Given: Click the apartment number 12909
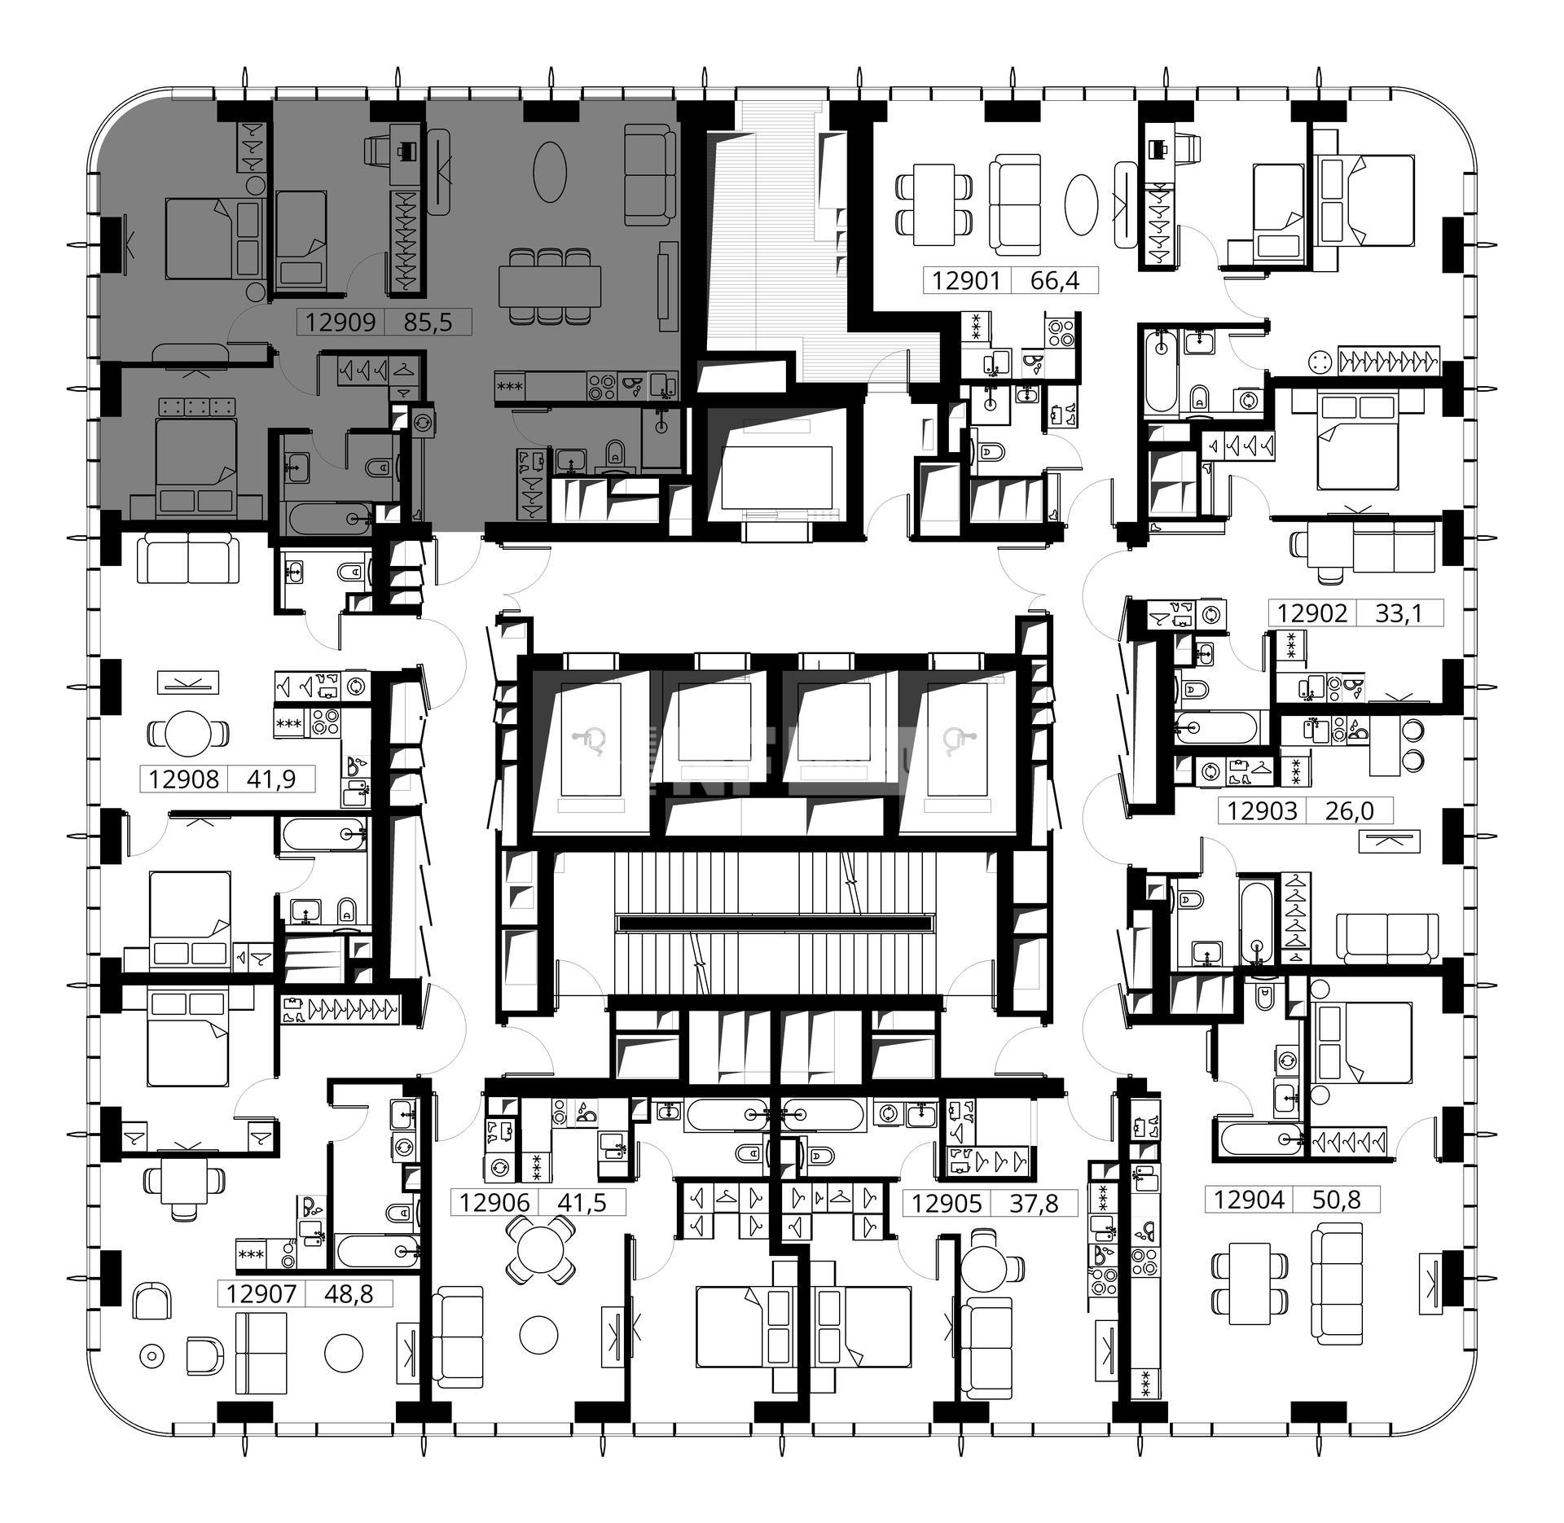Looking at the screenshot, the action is coord(340,323).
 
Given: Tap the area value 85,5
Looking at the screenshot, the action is coord(427,323).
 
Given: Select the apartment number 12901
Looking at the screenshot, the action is coord(966,281).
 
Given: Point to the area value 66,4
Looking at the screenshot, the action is coord(1054,281).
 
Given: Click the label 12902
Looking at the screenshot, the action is coord(1312,612).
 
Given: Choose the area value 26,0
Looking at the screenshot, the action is coord(1351,810).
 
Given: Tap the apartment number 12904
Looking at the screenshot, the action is coord(1249,1200).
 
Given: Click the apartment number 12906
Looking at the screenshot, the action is coord(494,1202).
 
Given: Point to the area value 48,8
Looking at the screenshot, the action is coord(349,1293).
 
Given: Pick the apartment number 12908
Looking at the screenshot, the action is coord(184,779).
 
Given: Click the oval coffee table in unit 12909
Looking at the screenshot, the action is coord(550,172).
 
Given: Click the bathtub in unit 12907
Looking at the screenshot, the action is coord(378,1250).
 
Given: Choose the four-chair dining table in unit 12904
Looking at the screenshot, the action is coord(1250,1284).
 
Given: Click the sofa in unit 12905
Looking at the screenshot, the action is coord(986,1349).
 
